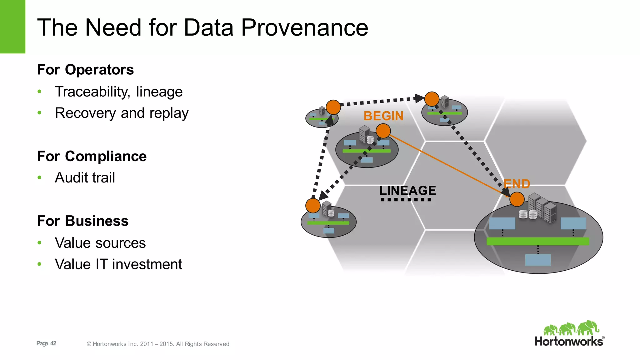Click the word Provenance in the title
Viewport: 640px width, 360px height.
click(x=305, y=27)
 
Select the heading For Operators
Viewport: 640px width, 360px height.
click(x=85, y=70)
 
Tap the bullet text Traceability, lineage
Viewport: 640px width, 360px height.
click(x=118, y=92)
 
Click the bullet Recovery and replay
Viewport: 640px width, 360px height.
click(x=122, y=113)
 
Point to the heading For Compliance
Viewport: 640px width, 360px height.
click(x=92, y=156)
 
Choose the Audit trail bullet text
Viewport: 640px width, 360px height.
click(x=85, y=178)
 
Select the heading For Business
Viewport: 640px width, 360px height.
click(x=82, y=221)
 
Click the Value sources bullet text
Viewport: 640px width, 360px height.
click(x=100, y=243)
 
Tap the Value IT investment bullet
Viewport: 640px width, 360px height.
click(x=118, y=264)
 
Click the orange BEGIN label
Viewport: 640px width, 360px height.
click(x=383, y=116)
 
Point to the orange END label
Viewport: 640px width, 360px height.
click(x=517, y=184)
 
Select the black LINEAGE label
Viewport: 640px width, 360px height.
click(x=407, y=190)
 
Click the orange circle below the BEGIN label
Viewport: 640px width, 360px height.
click(x=383, y=131)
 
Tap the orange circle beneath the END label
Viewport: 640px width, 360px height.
click(x=517, y=199)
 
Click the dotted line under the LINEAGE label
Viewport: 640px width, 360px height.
click(x=406, y=200)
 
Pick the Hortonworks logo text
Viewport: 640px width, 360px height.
click(x=569, y=342)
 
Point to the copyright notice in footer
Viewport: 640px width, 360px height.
click(x=158, y=344)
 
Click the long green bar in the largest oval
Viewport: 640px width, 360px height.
click(x=538, y=241)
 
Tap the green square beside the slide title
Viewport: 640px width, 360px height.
click(x=12, y=27)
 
